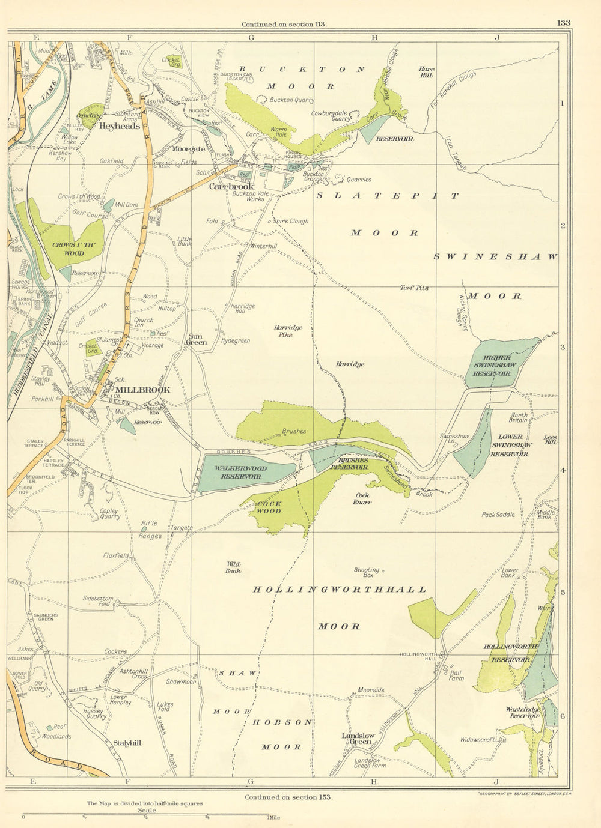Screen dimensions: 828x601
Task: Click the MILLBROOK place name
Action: tap(147, 390)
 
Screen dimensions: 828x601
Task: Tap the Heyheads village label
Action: tap(120, 127)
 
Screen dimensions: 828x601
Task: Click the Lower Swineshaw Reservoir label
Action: tap(511, 446)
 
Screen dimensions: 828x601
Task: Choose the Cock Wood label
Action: tap(269, 507)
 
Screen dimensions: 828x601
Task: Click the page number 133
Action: tap(563, 23)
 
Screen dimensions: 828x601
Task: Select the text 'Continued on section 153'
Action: tap(288, 797)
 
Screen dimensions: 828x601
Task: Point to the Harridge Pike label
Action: tap(288, 331)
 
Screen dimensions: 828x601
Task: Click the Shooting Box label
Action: tap(367, 572)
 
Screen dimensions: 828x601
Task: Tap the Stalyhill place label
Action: tap(127, 743)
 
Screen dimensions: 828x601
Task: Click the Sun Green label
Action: tap(198, 339)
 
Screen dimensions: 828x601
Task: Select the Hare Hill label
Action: tap(426, 72)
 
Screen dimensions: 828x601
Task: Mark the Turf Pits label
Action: tap(415, 288)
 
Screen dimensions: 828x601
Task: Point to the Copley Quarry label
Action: tap(109, 513)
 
